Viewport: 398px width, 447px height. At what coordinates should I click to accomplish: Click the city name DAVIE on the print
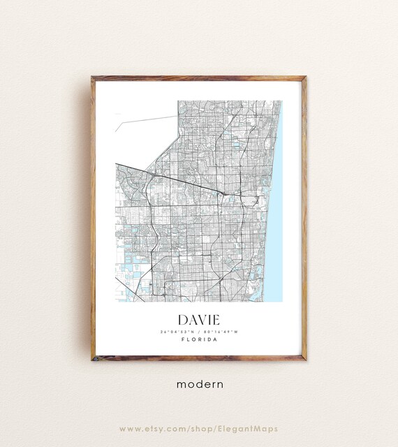(198, 319)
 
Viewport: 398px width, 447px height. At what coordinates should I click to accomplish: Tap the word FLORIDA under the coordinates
(198, 340)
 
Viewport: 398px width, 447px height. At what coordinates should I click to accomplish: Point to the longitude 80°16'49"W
(220, 331)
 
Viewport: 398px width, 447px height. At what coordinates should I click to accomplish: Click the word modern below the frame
(199, 383)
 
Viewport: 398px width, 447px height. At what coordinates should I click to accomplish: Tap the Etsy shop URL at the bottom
(198, 428)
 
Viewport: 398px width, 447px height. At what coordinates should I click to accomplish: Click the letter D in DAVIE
(182, 319)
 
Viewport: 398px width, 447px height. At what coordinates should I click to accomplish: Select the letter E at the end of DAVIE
(214, 319)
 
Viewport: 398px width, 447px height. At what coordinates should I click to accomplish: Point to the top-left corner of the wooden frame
(92, 78)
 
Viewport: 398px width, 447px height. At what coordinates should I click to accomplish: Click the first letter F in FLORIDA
(182, 340)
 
